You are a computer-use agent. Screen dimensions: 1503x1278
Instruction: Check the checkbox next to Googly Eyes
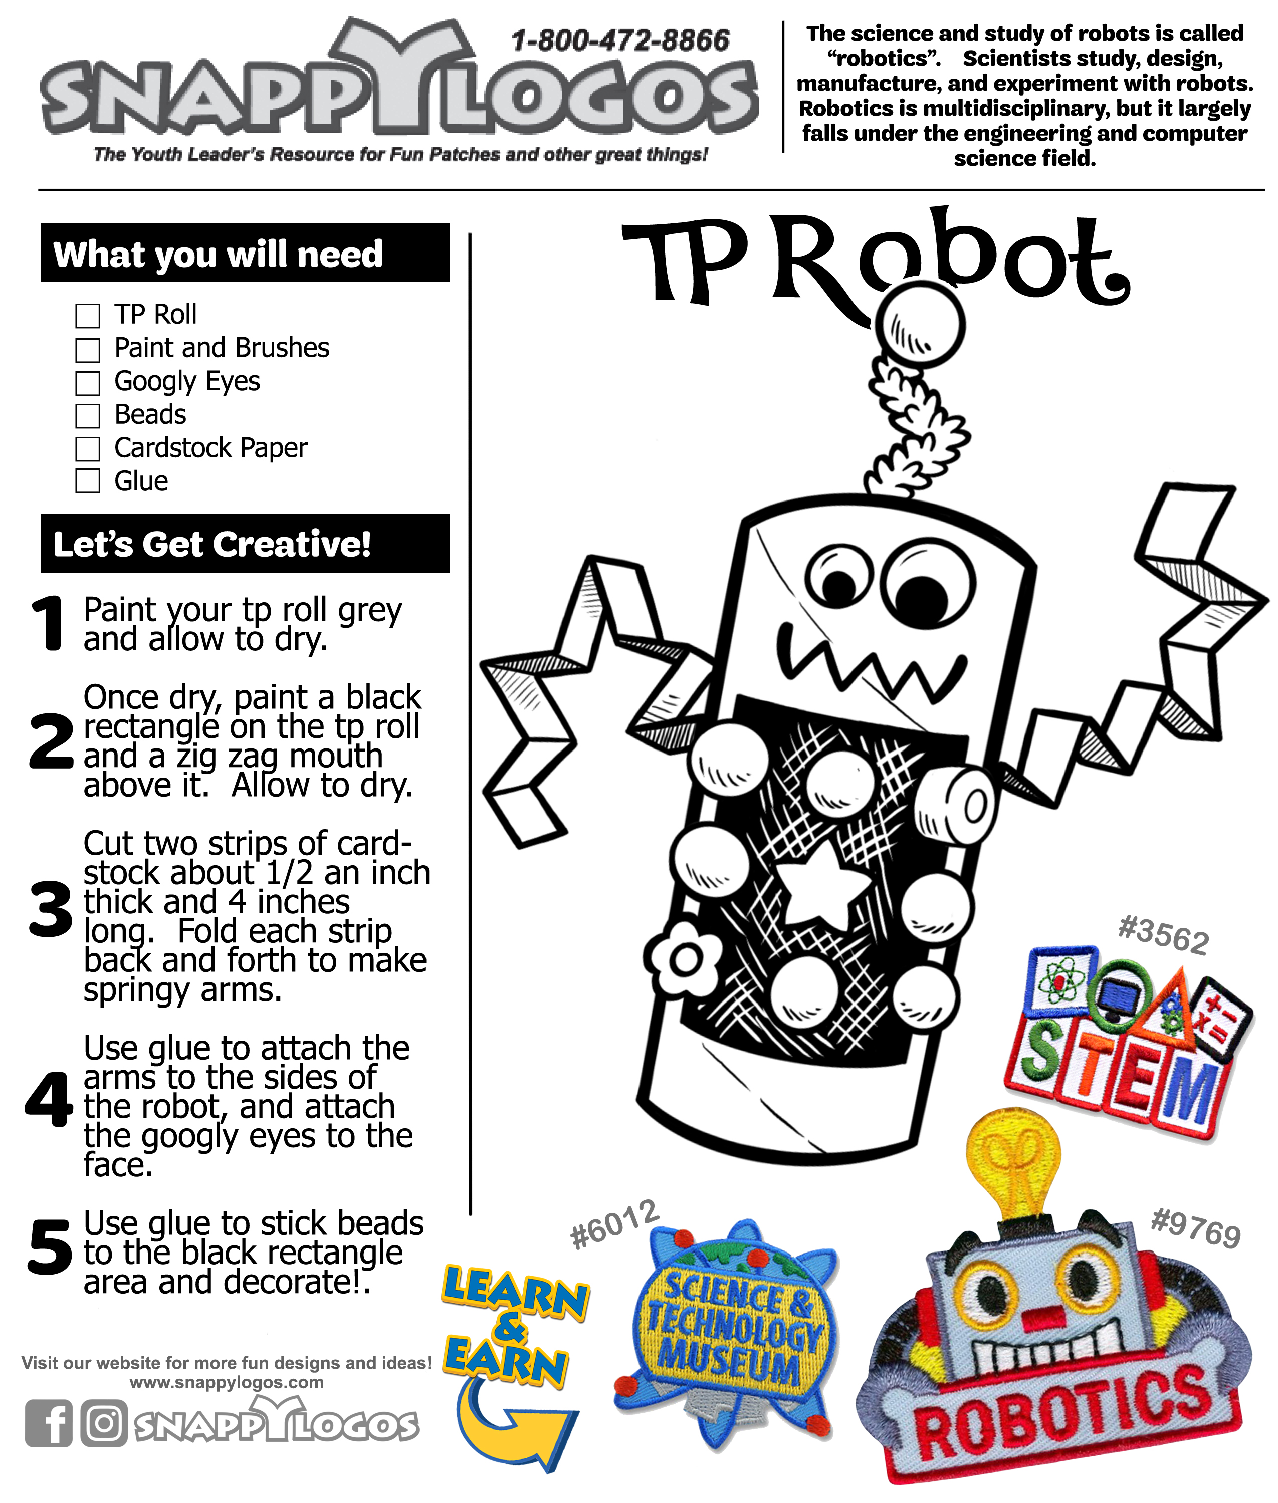[x=88, y=382]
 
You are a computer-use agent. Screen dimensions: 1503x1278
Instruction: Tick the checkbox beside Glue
[x=88, y=481]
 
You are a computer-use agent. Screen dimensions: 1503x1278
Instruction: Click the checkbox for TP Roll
[x=88, y=316]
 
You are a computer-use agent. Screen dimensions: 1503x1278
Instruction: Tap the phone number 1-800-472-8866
[x=619, y=41]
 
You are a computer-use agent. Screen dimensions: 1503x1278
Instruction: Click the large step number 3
[x=51, y=908]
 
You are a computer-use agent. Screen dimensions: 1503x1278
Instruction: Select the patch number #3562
[x=1163, y=936]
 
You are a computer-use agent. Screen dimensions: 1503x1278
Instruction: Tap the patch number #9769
[x=1195, y=1229]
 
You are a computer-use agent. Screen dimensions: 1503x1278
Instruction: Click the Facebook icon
[x=49, y=1423]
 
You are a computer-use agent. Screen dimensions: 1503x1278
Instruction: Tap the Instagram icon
[x=104, y=1423]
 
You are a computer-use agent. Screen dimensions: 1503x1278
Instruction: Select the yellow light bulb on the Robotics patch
[x=1013, y=1165]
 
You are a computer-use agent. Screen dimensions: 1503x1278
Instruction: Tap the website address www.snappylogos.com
[x=226, y=1382]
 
